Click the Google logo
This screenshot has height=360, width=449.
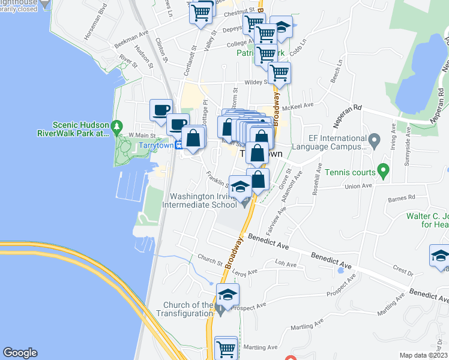pyautogui.click(x=20, y=353)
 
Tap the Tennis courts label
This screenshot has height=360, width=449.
pyautogui.click(x=349, y=173)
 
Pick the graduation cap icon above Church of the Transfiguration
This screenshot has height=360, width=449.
pyautogui.click(x=228, y=294)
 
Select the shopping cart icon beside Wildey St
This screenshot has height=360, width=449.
pyautogui.click(x=279, y=73)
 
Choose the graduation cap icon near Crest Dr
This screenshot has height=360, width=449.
pyautogui.click(x=440, y=256)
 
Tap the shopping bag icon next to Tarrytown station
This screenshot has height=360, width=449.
pyautogui.click(x=193, y=139)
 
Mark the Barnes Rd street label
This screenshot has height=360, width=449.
pyautogui.click(x=402, y=197)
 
